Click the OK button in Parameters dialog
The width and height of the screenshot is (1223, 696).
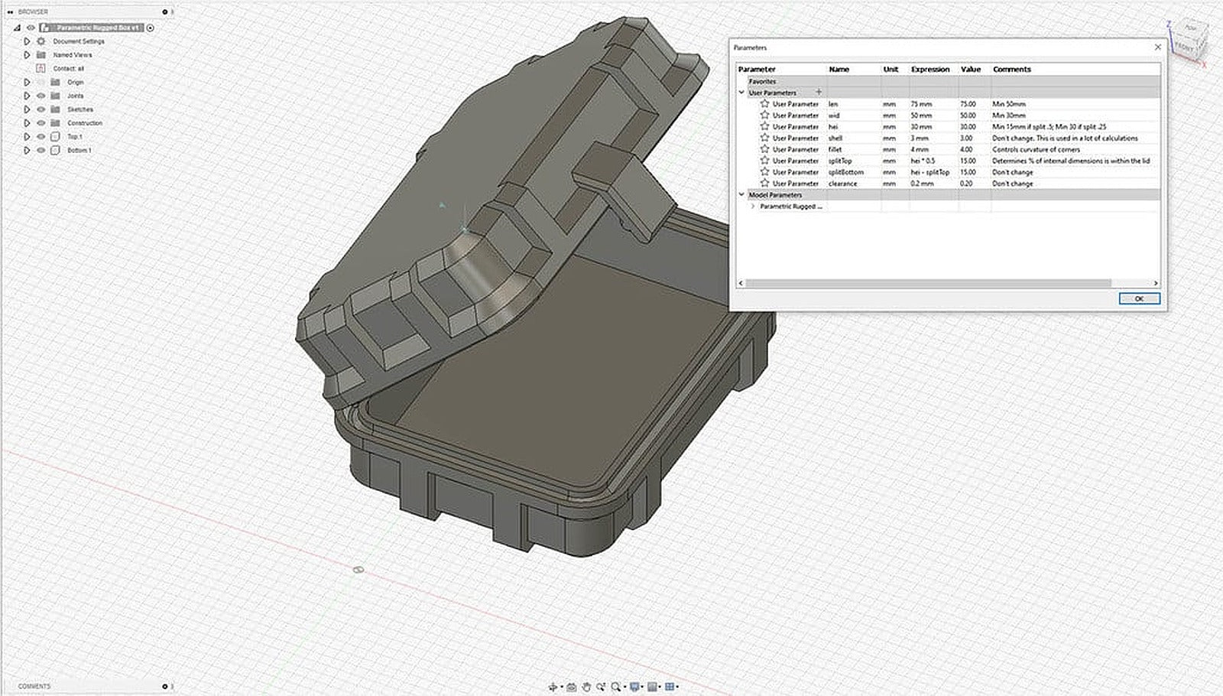1138,298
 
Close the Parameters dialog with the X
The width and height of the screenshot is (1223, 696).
1157,47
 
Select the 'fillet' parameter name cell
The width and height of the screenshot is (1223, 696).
835,149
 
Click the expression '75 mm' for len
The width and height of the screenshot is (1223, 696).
921,104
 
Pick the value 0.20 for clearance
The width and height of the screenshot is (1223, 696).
967,184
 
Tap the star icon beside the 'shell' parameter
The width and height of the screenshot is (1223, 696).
764,138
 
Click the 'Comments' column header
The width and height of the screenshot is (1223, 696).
1011,69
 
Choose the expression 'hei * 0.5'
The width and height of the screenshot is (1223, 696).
923,161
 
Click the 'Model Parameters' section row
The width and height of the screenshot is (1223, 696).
775,195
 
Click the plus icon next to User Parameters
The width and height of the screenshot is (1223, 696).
819,93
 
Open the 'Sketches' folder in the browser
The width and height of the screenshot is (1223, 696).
79,109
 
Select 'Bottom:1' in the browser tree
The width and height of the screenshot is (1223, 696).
79,151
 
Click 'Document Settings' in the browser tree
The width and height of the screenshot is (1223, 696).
79,41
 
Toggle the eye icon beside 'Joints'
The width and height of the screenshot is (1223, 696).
41,96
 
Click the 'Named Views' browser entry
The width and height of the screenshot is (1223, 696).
72,55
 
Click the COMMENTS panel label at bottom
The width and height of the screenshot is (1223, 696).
34,686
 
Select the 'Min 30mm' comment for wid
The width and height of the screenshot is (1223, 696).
1009,115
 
